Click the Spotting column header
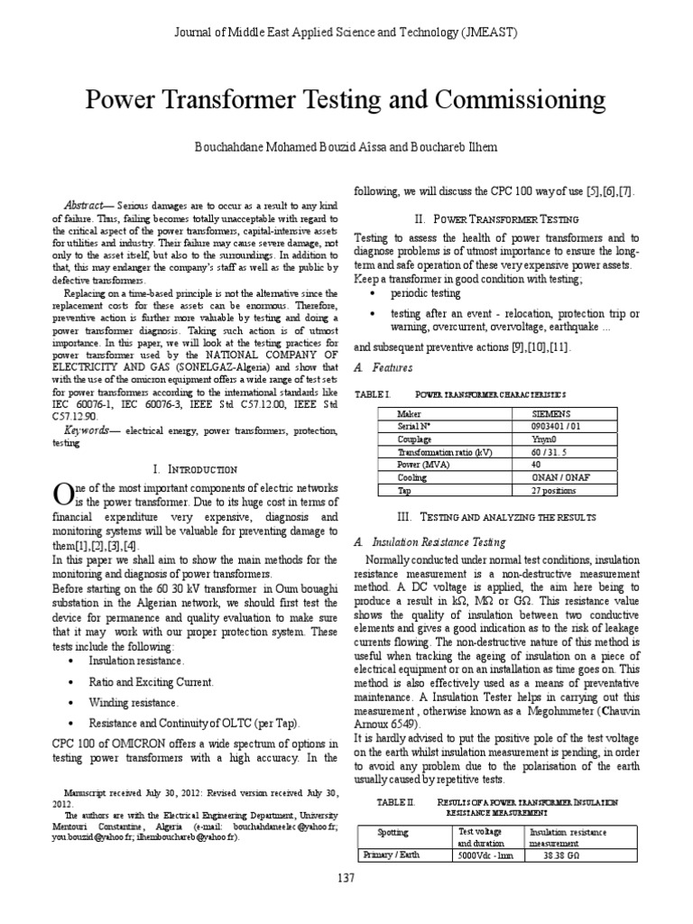(393, 832)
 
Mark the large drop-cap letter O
(63, 495)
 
